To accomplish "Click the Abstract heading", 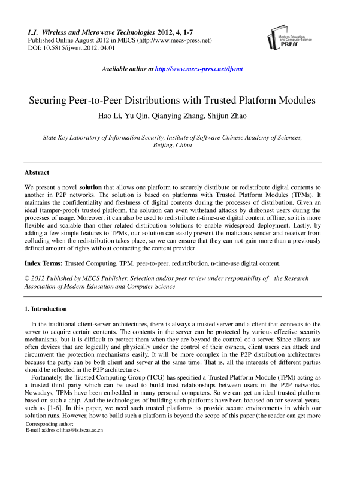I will (x=37, y=173).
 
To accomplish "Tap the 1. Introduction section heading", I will (x=46, y=309).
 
